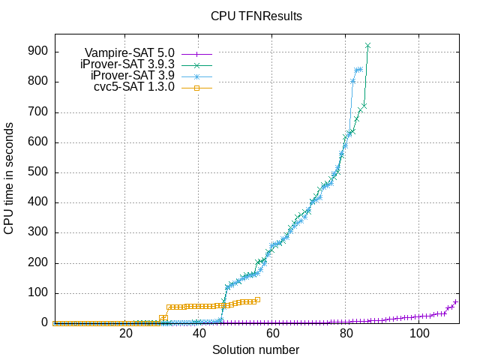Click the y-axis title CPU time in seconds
coord(9,180)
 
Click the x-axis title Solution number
coord(256,350)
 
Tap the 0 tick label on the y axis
coord(44,323)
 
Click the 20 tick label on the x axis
coord(126,334)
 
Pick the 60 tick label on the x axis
coord(273,334)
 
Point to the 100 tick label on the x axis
coord(420,334)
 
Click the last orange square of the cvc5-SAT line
coord(258,299)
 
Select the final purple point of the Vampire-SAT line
coord(456,302)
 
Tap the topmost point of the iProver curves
coord(368,46)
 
